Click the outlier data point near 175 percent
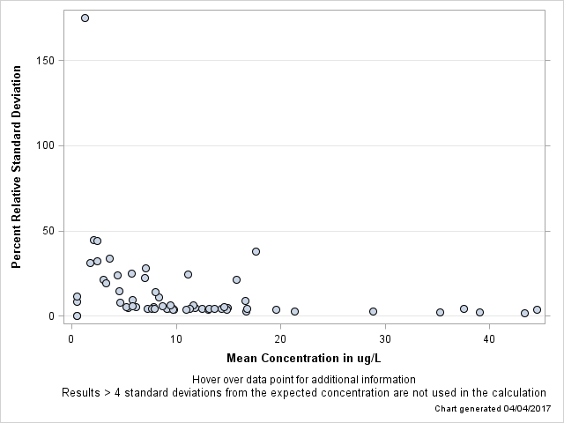pyautogui.click(x=85, y=18)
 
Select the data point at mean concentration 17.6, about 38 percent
pyautogui.click(x=256, y=251)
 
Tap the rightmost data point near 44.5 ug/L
pyautogui.click(x=537, y=310)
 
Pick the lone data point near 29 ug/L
pyautogui.click(x=373, y=311)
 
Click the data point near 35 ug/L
pyautogui.click(x=440, y=312)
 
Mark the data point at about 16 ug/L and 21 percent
pyautogui.click(x=236, y=279)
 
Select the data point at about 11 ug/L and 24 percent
pyautogui.click(x=188, y=274)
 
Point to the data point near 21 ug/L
pyautogui.click(x=294, y=311)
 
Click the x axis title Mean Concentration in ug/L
pyautogui.click(x=303, y=358)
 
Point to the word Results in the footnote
pyautogui.click(x=82, y=392)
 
